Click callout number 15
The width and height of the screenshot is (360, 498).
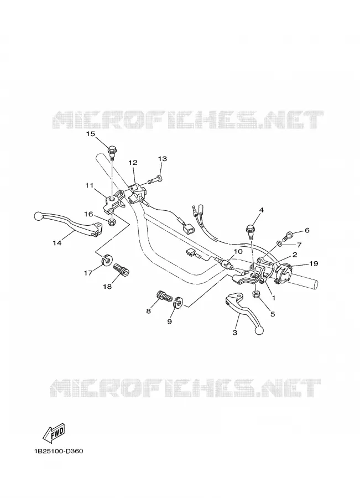point(91,134)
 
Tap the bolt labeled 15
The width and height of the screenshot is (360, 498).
point(112,153)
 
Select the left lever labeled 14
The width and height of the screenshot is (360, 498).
point(68,224)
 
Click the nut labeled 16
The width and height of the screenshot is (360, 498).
point(112,222)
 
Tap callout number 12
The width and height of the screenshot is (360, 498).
point(133,163)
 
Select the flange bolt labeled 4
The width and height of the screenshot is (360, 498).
point(250,231)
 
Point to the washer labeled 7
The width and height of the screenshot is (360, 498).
point(279,243)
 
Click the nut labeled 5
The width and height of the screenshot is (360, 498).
point(257,295)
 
